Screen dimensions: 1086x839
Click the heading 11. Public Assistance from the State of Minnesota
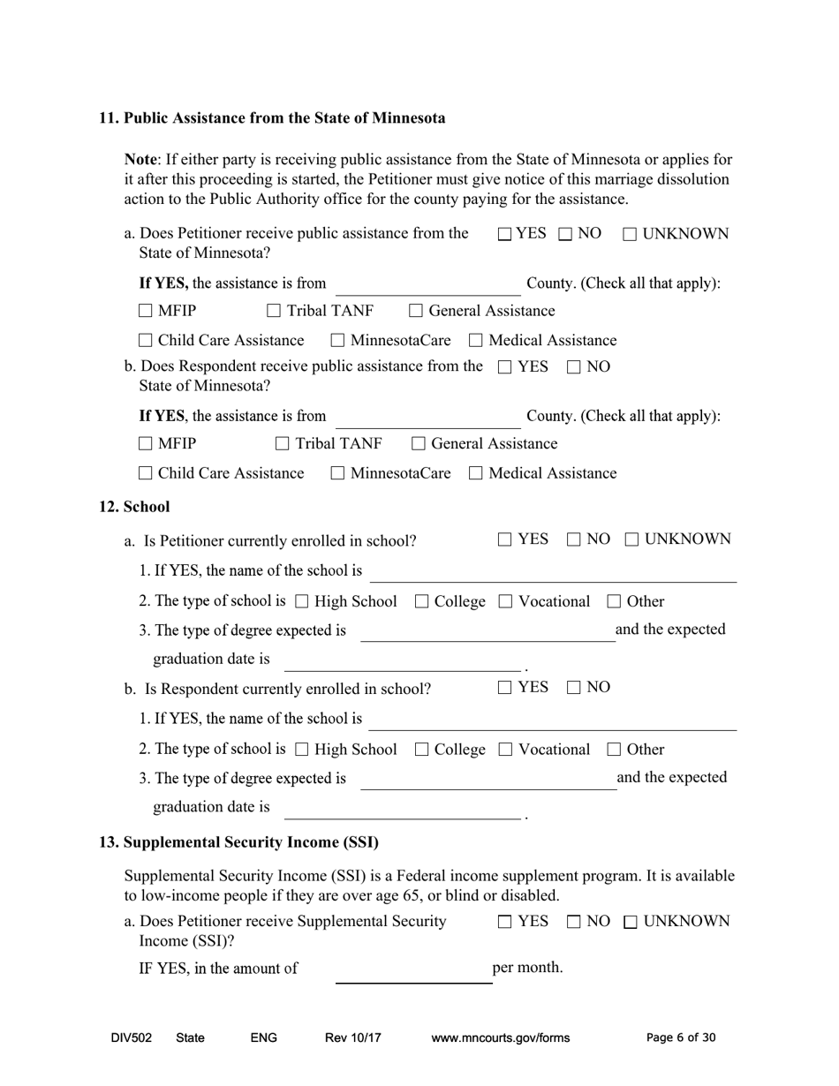click(x=272, y=118)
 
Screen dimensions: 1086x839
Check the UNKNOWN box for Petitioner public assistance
click(x=630, y=235)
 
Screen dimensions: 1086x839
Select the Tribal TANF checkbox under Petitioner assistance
click(x=274, y=312)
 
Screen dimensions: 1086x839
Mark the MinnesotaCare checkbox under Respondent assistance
click(x=338, y=474)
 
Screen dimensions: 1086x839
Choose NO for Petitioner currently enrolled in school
click(x=572, y=539)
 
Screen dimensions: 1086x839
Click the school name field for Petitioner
click(x=552, y=574)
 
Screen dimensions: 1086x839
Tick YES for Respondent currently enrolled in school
click(x=505, y=687)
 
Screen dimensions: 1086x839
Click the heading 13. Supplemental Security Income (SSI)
click(x=238, y=842)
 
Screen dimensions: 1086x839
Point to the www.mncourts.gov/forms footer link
click(x=501, y=1038)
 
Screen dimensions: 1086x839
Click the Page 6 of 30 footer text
click(x=681, y=1038)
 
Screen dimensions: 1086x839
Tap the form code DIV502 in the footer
click(x=132, y=1038)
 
